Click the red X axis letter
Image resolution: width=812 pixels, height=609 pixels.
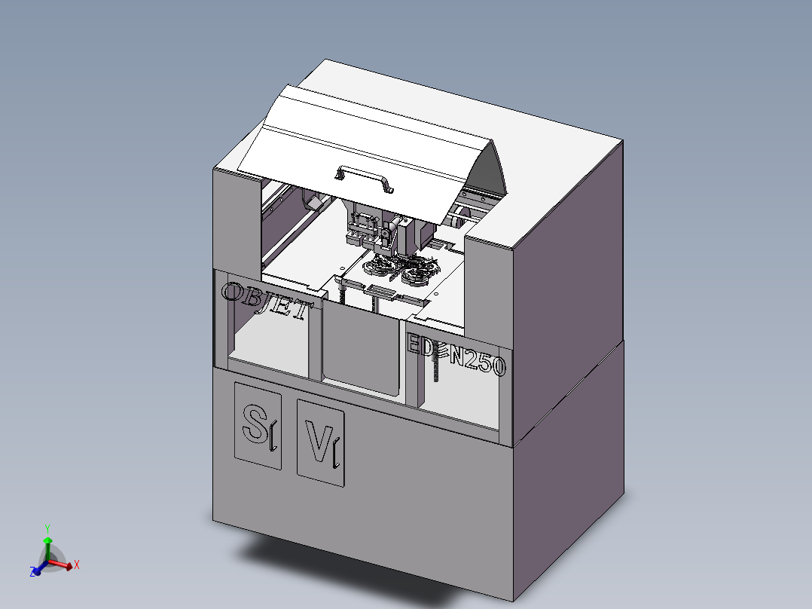click(77, 564)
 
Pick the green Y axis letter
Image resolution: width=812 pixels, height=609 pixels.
click(47, 528)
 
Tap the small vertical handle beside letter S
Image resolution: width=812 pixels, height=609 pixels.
click(273, 438)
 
